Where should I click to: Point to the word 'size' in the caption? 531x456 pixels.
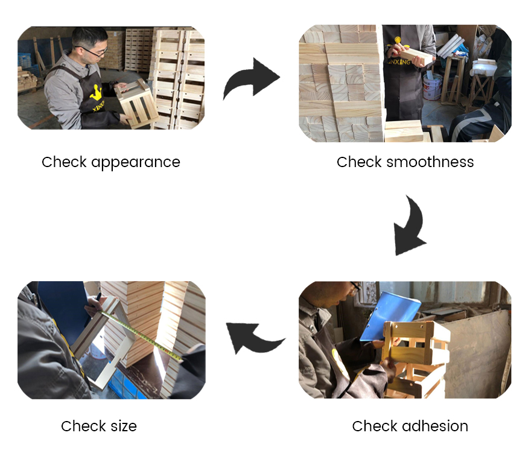123,426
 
